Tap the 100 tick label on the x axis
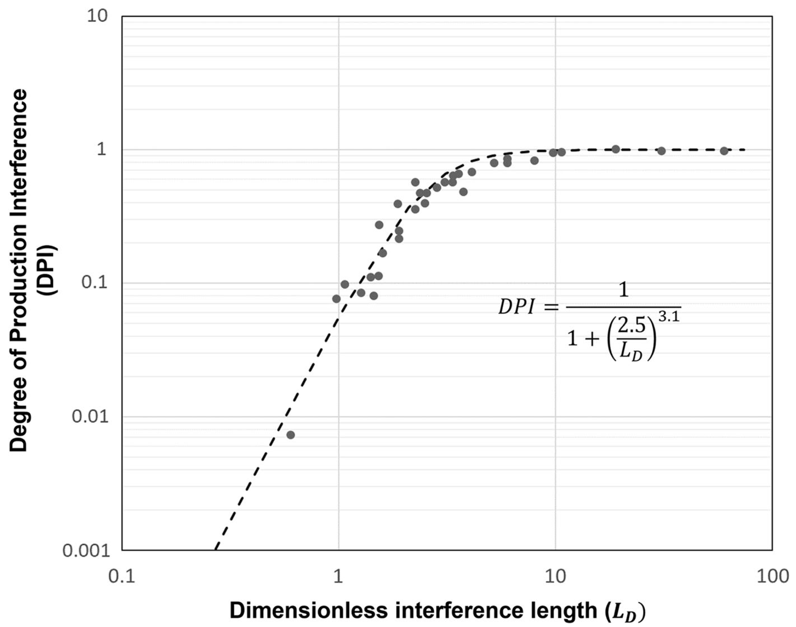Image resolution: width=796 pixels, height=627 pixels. [x=772, y=576]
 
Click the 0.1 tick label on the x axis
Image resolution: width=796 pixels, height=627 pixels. [x=122, y=576]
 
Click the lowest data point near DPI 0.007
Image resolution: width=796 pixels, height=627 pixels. [x=290, y=435]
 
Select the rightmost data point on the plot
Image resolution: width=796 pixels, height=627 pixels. [x=724, y=151]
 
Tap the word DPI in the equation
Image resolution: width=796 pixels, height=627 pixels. [x=516, y=307]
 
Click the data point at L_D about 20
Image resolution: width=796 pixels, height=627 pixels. [x=616, y=149]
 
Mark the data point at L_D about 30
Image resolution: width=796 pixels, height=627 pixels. [x=661, y=151]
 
